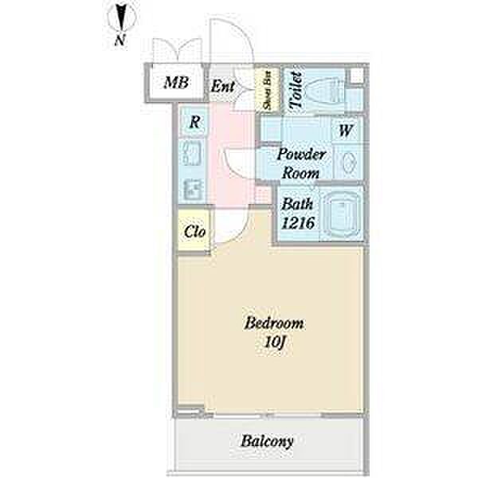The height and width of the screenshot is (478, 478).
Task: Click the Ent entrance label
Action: (223, 85)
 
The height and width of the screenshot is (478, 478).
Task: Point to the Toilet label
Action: (296, 89)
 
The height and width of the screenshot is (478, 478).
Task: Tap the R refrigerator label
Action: (194, 123)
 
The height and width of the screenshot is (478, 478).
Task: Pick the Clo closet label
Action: (195, 233)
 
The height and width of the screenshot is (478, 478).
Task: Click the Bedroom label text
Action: (274, 323)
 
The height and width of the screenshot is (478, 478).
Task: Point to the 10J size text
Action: (275, 342)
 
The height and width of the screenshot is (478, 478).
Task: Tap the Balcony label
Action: (268, 441)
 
